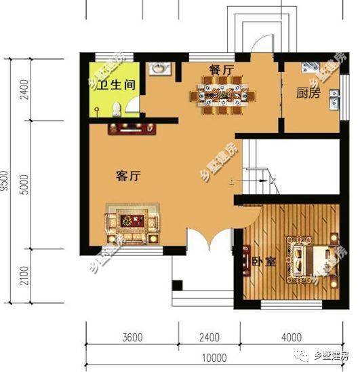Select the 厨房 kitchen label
tap(308, 93)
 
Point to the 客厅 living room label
tap(128, 176)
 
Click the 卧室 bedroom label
tap(264, 262)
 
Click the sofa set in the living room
tap(133, 223)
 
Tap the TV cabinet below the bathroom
tap(131, 127)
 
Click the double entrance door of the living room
tap(209, 242)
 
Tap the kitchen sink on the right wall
tap(332, 100)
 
